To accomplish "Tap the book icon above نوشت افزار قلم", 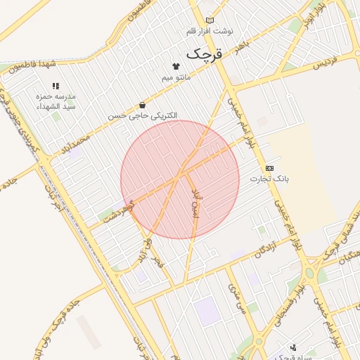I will pyautogui.click(x=210, y=20).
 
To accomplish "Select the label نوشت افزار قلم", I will pyautogui.click(x=210, y=32).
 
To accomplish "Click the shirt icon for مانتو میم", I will pyautogui.click(x=175, y=65).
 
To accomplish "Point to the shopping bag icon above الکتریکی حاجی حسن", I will pyautogui.click(x=143, y=104).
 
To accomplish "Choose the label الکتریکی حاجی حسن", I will pyautogui.click(x=143, y=115).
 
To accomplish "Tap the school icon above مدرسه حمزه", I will pyautogui.click(x=56, y=86).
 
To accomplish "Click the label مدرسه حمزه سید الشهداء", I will pyautogui.click(x=56, y=101).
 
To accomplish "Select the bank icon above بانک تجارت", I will pyautogui.click(x=269, y=169).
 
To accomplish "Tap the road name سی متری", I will pyautogui.click(x=236, y=299).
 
